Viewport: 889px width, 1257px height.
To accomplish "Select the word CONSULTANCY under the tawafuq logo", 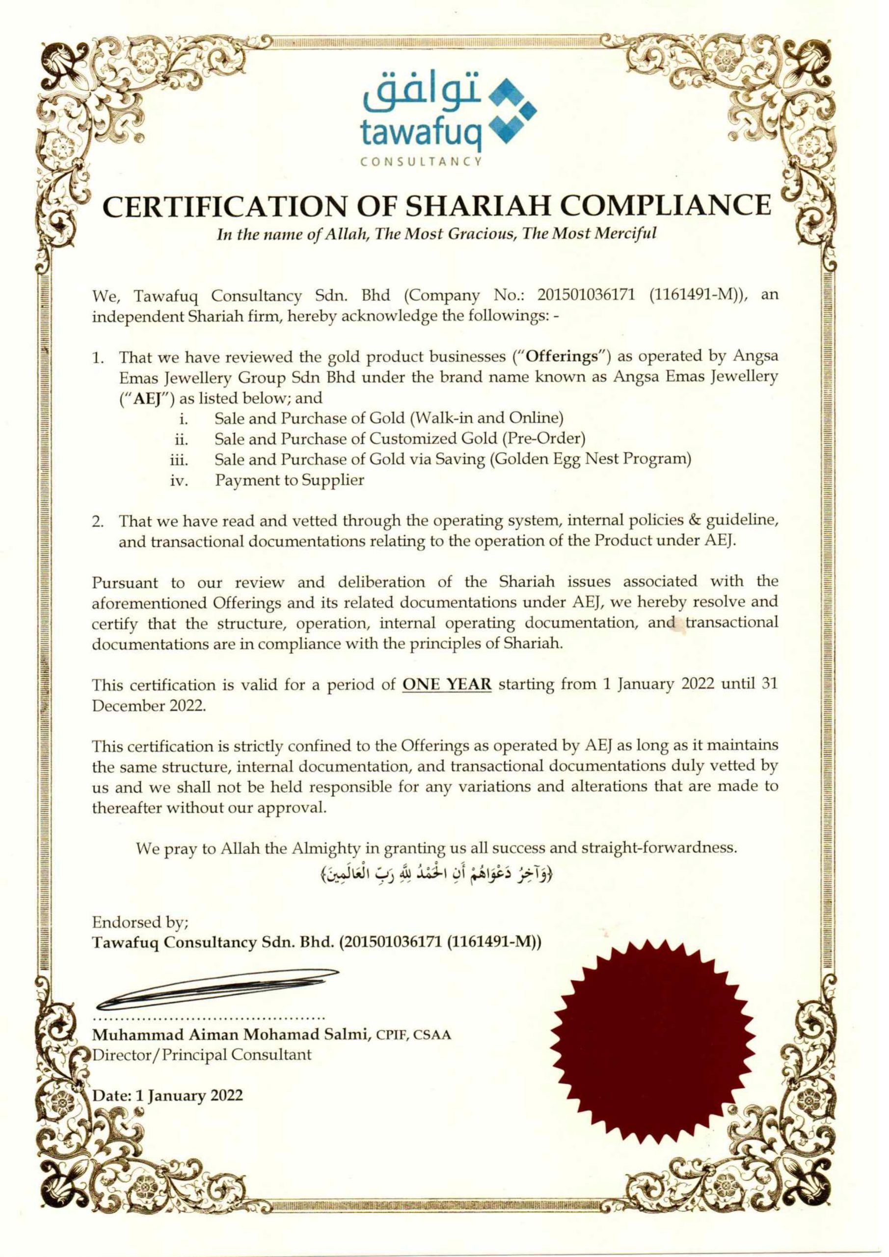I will [420, 162].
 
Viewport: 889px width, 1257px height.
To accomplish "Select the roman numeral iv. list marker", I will [181, 481].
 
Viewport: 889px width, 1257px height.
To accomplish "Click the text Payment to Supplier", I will [290, 480].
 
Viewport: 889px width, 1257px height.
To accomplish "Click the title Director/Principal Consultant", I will [202, 1054].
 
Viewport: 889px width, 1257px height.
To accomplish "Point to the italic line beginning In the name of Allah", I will [436, 234].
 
